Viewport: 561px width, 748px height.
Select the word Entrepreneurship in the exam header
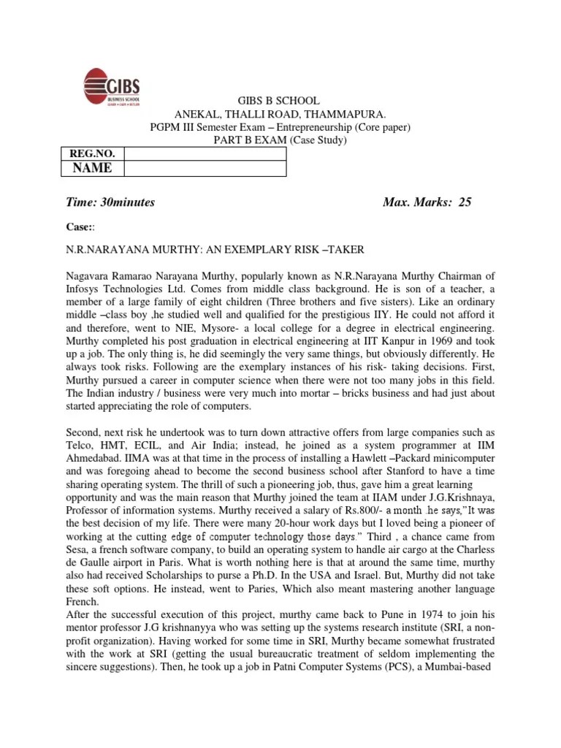[x=304, y=127]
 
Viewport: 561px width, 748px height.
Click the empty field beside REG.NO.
[x=205, y=153]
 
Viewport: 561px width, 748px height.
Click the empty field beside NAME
[x=205, y=168]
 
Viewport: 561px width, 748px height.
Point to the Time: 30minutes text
[x=110, y=202]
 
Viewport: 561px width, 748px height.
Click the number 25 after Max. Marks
[x=465, y=202]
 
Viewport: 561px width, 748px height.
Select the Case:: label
[x=78, y=227]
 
